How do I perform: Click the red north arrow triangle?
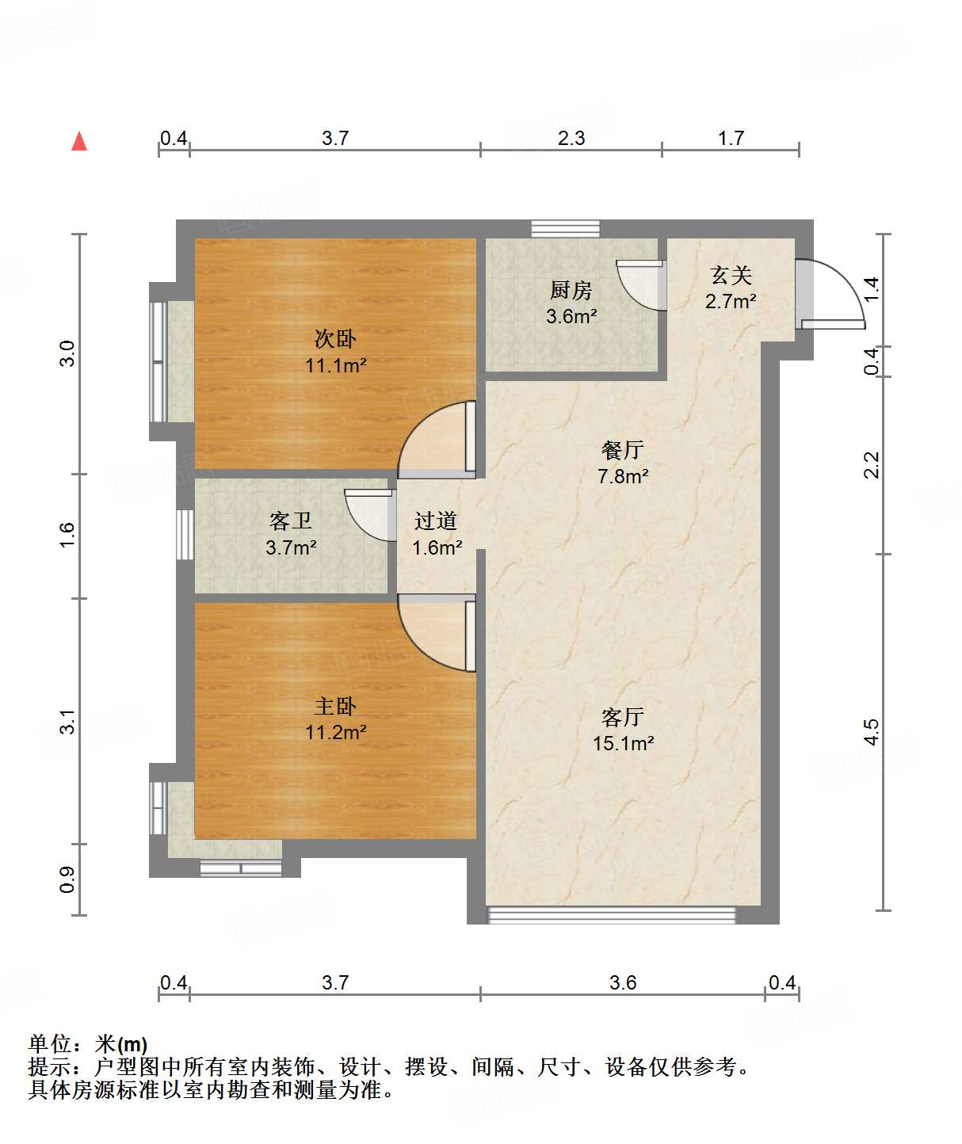pyautogui.click(x=79, y=142)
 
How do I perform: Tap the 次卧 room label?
pyautogui.click(x=335, y=339)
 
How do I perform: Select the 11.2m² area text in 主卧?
pyautogui.click(x=335, y=732)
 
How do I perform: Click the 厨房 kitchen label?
pyautogui.click(x=571, y=291)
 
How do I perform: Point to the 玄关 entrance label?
pyautogui.click(x=731, y=276)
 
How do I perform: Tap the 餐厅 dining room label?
pyautogui.click(x=623, y=450)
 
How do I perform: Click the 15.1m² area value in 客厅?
pyautogui.click(x=623, y=743)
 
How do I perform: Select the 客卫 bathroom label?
pyautogui.click(x=291, y=521)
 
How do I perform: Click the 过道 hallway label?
pyautogui.click(x=436, y=521)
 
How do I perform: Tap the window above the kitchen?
pyautogui.click(x=565, y=229)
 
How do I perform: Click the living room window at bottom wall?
pyautogui.click(x=611, y=915)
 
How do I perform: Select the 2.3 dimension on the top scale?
pyautogui.click(x=571, y=139)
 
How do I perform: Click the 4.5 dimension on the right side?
pyautogui.click(x=871, y=731)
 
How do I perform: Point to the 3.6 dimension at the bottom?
pyautogui.click(x=623, y=982)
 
